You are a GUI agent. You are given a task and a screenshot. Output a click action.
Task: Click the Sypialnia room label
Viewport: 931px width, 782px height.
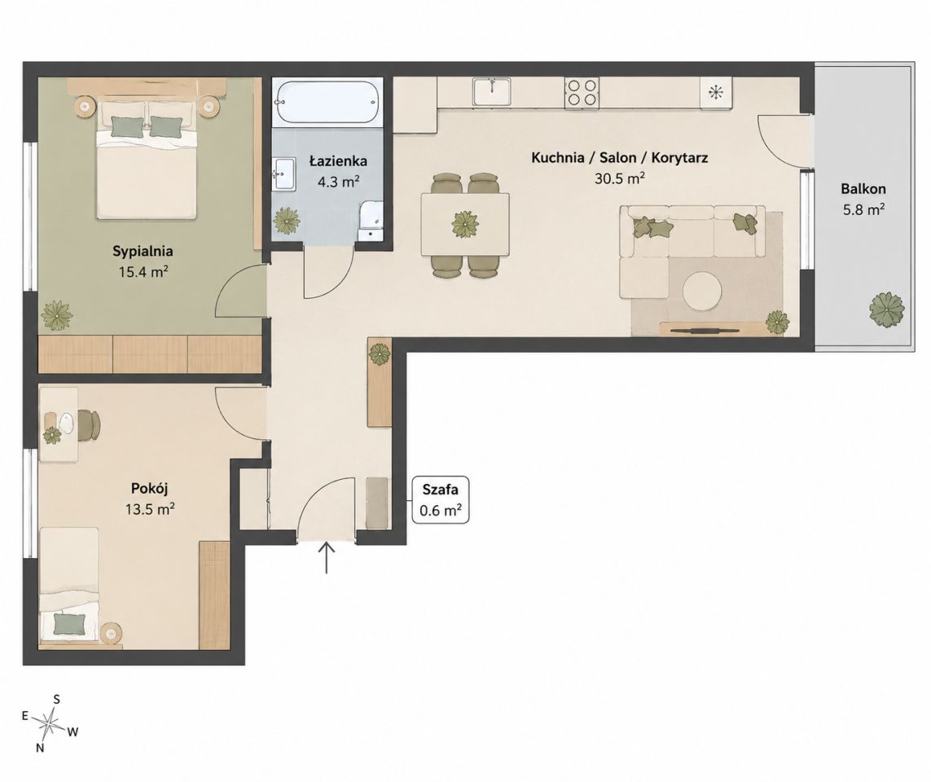click(x=143, y=251)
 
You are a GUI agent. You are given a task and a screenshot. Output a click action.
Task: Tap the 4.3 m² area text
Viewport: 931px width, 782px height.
click(x=339, y=181)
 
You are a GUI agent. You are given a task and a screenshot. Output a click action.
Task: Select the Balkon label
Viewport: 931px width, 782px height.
click(x=863, y=189)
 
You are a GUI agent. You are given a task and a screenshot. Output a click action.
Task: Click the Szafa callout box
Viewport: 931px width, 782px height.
click(x=441, y=500)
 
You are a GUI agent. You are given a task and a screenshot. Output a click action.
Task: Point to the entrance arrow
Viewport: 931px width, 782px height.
click(x=327, y=557)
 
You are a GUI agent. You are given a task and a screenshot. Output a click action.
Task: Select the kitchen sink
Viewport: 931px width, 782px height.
click(x=492, y=92)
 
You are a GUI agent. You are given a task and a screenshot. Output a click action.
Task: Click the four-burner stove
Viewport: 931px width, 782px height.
click(x=582, y=93)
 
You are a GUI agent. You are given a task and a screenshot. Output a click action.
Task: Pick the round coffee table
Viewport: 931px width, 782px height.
click(x=702, y=291)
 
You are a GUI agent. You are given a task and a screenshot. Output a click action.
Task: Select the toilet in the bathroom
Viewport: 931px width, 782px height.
click(x=371, y=220)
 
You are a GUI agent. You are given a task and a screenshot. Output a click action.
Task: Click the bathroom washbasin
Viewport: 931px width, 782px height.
click(x=284, y=174)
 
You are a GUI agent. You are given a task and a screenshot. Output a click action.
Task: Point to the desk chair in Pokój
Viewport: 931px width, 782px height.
click(x=89, y=425)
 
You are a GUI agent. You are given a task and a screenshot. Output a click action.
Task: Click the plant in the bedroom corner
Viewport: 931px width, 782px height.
click(x=57, y=315)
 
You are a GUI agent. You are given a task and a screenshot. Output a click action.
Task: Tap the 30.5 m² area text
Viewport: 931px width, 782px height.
click(x=620, y=178)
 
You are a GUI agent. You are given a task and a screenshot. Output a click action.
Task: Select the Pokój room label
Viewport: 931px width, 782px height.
click(x=150, y=488)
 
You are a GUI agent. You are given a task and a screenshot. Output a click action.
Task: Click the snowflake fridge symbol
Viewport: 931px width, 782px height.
click(x=717, y=92)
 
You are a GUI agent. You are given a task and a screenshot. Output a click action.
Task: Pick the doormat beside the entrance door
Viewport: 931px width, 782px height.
click(x=375, y=502)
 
